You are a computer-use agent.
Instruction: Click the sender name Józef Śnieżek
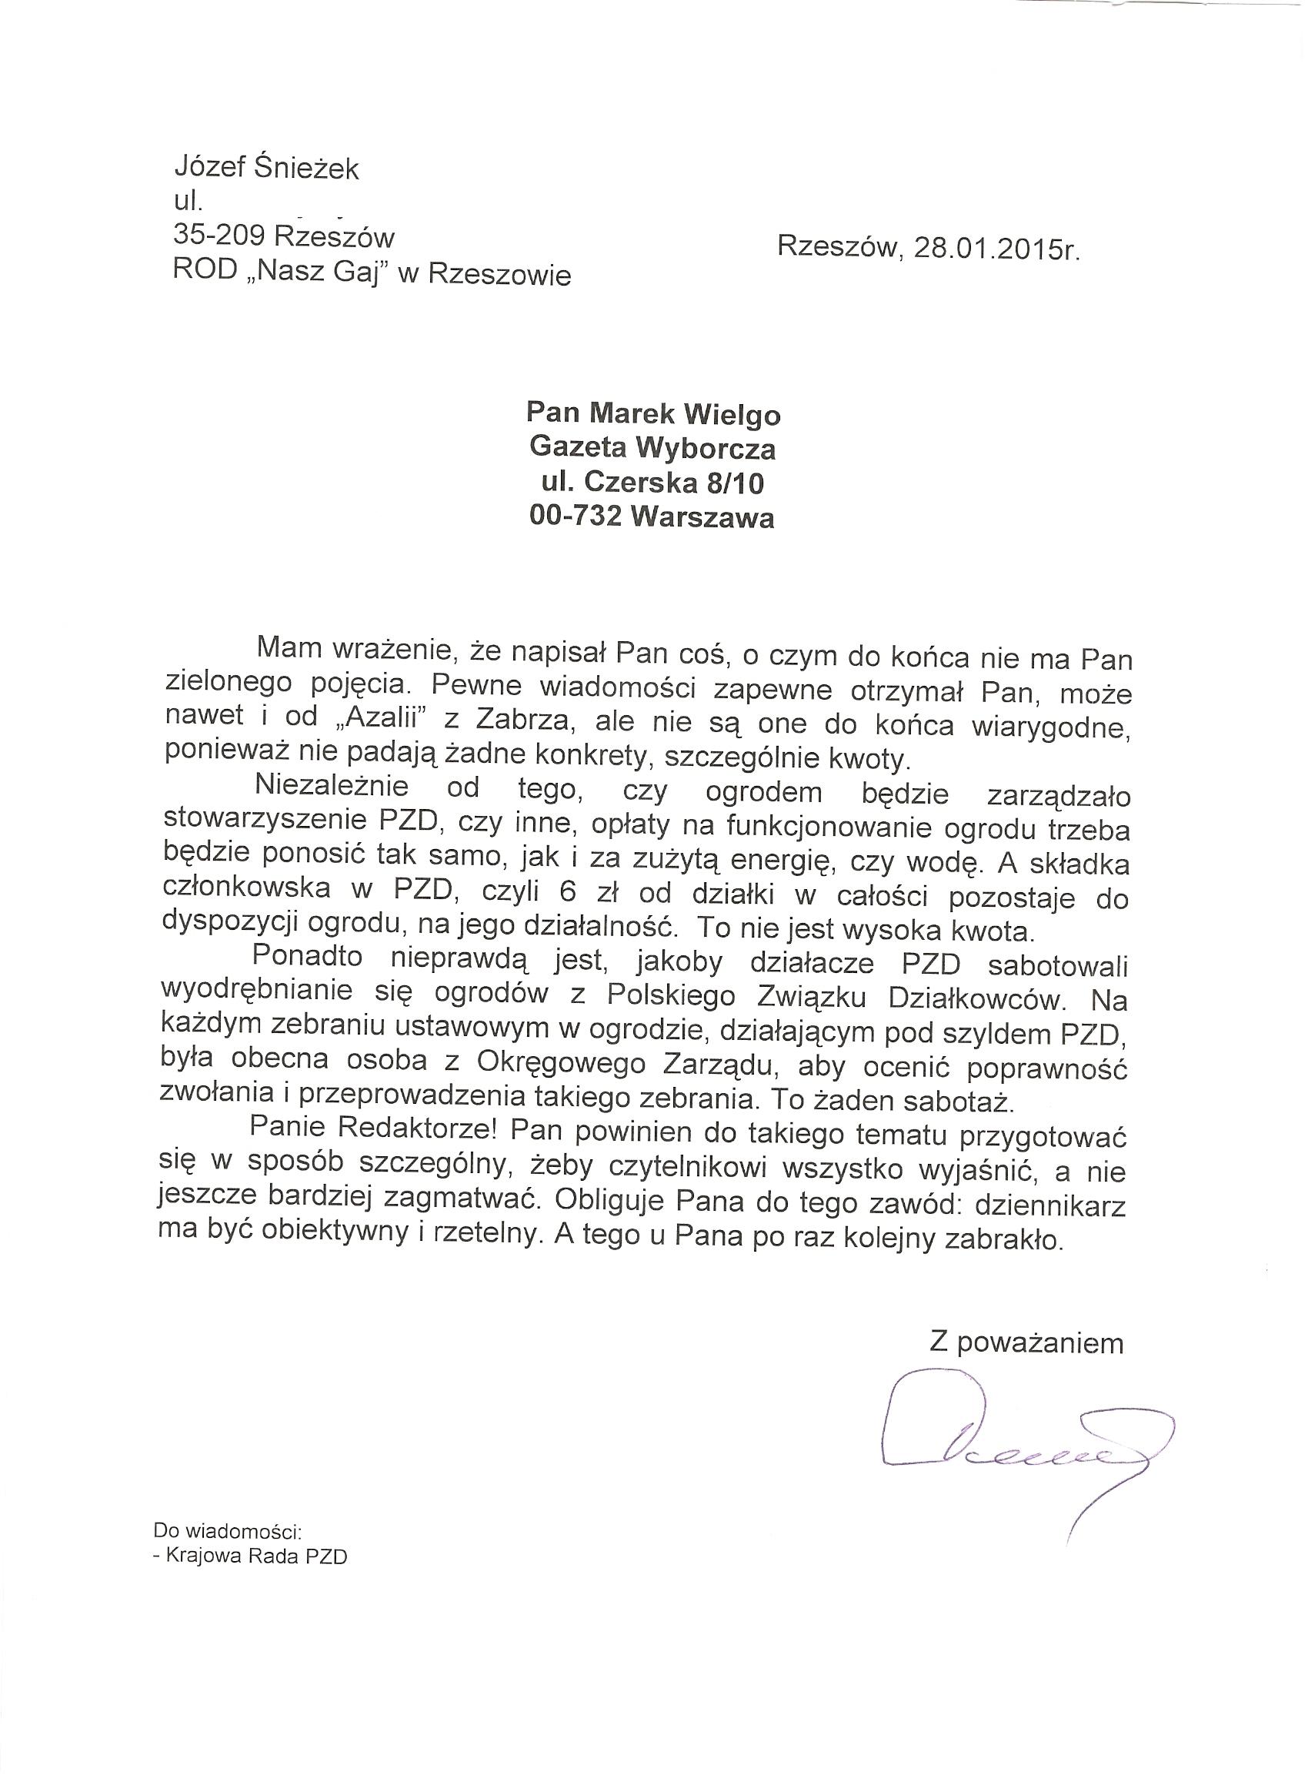pyautogui.click(x=266, y=168)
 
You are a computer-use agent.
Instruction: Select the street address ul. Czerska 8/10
pyautogui.click(x=652, y=483)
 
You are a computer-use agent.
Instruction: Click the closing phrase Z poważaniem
pyautogui.click(x=1026, y=1342)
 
